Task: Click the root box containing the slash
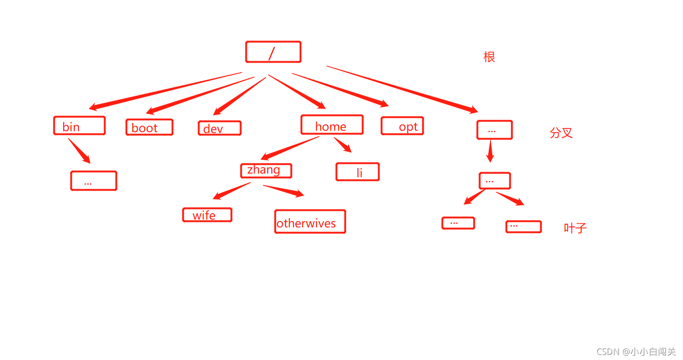point(273,52)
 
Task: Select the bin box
point(79,126)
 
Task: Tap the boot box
point(149,127)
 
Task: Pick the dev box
point(219,128)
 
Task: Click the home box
point(332,125)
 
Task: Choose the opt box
point(402,126)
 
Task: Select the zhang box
point(266,170)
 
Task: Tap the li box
point(357,172)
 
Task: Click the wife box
point(207,215)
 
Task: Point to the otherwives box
point(309,222)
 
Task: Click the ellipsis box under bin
point(93,180)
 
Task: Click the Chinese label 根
point(489,57)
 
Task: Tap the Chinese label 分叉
point(561,133)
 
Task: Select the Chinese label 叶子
point(575,228)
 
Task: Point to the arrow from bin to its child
point(79,151)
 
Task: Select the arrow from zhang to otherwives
point(283,190)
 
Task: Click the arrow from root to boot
point(200,95)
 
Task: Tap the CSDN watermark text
point(636,352)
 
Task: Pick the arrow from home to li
point(342,144)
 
